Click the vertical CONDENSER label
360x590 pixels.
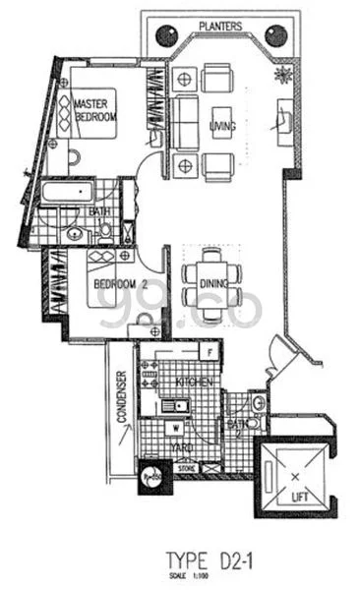tap(122, 395)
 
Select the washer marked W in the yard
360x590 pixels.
tap(173, 427)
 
